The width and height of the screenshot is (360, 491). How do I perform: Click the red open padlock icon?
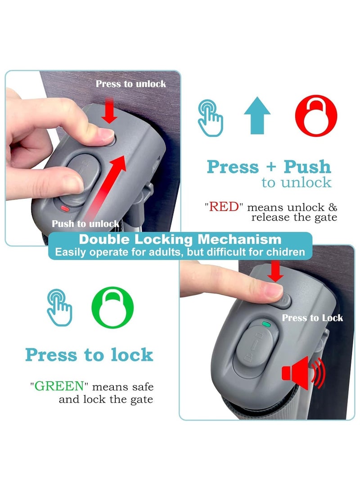tap(316, 116)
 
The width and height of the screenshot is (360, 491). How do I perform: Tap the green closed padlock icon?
tap(112, 307)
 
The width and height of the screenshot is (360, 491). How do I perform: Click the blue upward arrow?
tap(257, 115)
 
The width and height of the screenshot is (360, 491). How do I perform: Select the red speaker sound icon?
tap(303, 373)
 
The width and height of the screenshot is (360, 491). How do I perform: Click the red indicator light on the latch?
tap(65, 208)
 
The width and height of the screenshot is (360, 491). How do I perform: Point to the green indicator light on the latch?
tap(266, 324)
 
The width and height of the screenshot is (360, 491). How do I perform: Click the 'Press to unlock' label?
tap(131, 84)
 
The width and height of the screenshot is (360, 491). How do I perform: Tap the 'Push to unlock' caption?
tap(85, 224)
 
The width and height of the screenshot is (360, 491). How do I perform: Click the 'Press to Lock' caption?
tap(312, 318)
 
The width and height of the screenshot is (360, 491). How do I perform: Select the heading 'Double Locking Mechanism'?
tap(180, 239)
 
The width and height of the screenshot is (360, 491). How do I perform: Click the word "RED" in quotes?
tap(224, 207)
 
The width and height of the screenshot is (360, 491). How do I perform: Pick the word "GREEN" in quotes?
tap(59, 386)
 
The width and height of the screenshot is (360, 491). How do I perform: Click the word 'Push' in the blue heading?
tap(307, 167)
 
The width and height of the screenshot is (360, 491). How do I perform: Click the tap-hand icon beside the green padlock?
tap(59, 307)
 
